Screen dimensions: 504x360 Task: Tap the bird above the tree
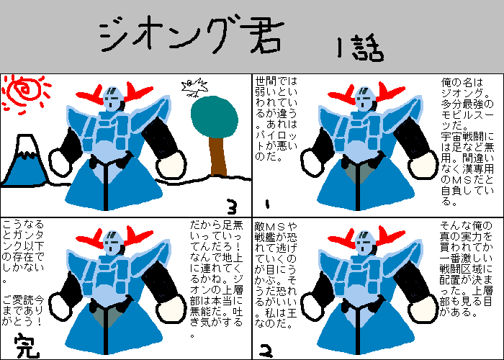tap(194, 87)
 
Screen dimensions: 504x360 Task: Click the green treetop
tap(215, 117)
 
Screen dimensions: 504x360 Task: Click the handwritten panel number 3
tap(231, 207)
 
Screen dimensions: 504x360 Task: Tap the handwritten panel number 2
tap(266, 351)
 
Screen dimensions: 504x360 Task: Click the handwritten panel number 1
tap(267, 204)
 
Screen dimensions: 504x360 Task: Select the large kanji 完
tap(27, 346)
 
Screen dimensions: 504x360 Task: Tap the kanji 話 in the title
tap(368, 50)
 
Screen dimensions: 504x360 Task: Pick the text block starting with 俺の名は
tap(467, 142)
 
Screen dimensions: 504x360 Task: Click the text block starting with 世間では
tap(276, 119)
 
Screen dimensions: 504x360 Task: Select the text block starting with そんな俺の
tap(466, 269)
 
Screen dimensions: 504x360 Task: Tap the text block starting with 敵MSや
tap(276, 274)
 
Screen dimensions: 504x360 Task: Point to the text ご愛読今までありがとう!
tap(23, 311)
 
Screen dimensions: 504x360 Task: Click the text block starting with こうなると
tap(23, 251)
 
